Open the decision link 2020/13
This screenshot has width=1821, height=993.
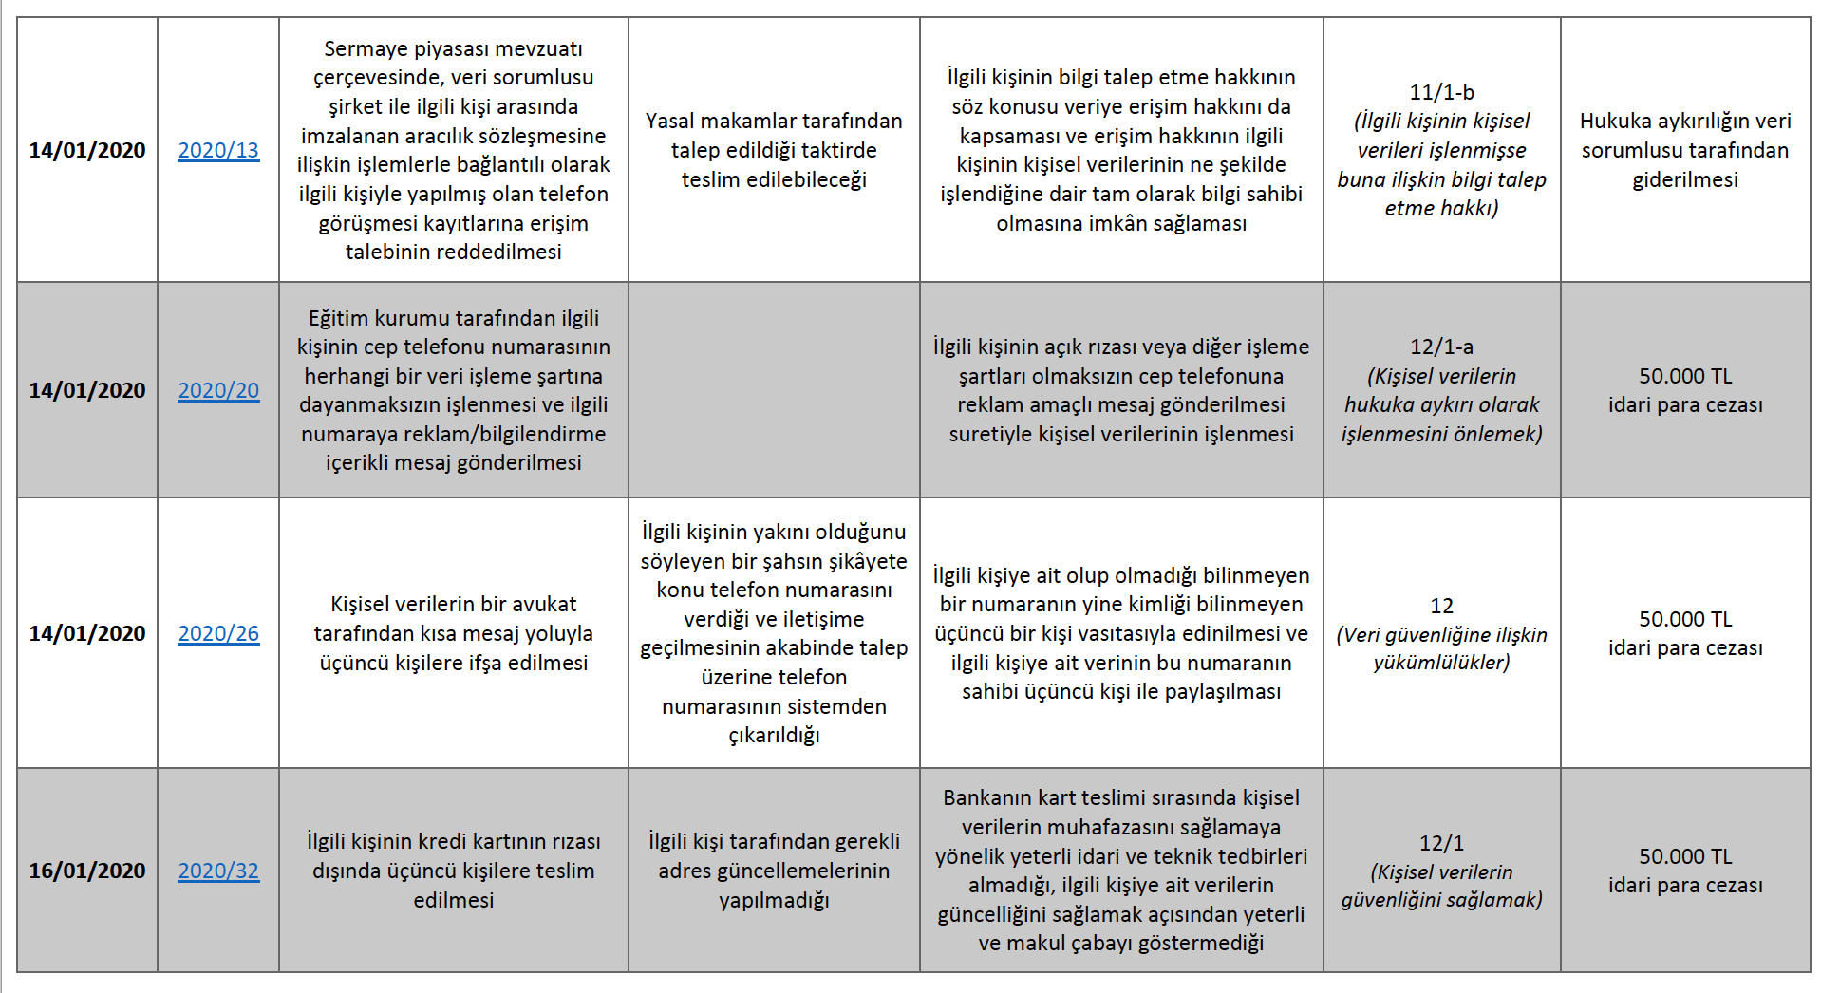pos(218,150)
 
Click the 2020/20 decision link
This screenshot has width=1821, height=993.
pos(218,390)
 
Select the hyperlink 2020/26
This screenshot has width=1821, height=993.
pos(218,633)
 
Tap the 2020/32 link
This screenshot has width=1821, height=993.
pos(218,871)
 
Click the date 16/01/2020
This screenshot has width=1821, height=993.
pos(87,871)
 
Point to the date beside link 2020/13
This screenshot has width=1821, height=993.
pos(87,150)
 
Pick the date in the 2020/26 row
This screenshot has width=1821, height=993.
pos(87,633)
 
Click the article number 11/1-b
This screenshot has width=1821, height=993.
pos(1441,92)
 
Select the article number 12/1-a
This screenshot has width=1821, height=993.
pos(1441,347)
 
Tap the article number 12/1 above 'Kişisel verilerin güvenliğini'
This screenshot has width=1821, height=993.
pos(1441,843)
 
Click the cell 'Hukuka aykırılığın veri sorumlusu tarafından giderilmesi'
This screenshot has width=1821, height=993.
pos(1684,150)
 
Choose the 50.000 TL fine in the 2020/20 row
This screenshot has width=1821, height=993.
pos(1684,390)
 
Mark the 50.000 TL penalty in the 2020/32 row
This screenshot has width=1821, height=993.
pos(1684,871)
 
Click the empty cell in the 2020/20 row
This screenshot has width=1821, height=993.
pos(774,390)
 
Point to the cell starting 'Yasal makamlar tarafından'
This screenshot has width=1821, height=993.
pos(774,150)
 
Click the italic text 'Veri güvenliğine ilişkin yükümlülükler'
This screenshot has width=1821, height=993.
pos(1441,648)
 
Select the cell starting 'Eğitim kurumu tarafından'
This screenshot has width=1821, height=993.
pos(453,390)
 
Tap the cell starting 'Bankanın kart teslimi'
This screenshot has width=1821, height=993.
pos(1120,871)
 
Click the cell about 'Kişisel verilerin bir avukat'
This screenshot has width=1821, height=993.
pos(453,633)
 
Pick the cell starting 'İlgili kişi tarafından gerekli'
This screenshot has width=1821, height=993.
pos(774,871)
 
